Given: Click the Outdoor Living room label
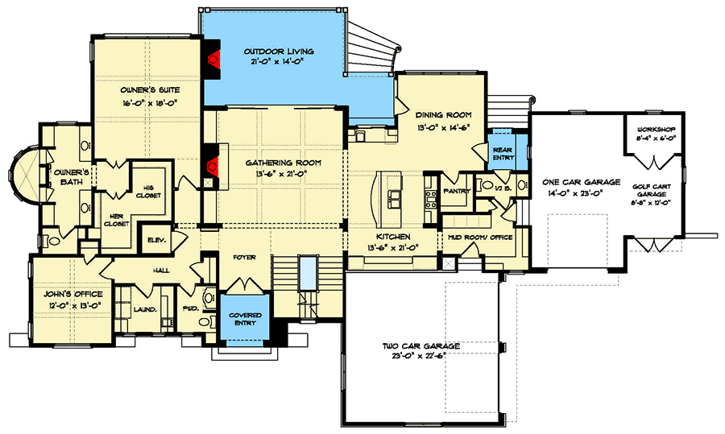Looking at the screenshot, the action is tap(279, 52).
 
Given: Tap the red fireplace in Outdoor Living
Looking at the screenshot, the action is tap(213, 59).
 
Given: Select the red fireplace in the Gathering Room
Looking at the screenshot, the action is tap(213, 164).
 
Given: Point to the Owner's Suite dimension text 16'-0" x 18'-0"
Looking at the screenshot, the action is tap(151, 104).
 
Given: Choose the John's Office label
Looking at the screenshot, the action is tap(73, 294).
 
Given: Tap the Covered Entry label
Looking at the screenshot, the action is tap(245, 319).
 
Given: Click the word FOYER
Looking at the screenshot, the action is tap(244, 258).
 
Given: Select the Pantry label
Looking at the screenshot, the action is tap(457, 191).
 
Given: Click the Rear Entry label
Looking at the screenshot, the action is tap(503, 154).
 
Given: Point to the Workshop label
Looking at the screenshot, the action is tap(656, 130).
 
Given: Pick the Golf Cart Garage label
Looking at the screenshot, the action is tap(652, 190).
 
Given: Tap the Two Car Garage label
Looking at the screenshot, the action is tap(420, 346).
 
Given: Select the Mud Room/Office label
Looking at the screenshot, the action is tap(480, 237).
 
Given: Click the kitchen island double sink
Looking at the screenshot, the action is tap(395, 200).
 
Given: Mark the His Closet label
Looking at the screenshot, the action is tap(148, 192).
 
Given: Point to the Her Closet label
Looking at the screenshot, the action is tap(116, 220).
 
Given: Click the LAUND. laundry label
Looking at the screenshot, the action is tap(145, 310).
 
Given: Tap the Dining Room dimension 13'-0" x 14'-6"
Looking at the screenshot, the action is tap(443, 128).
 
